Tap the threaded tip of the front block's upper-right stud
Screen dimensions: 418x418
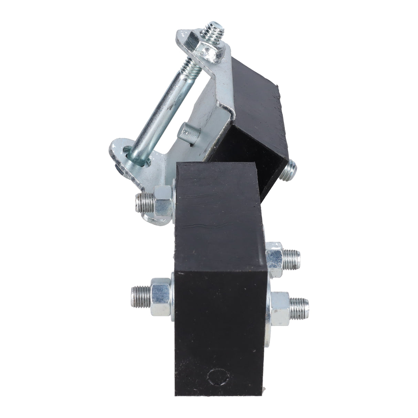(x=293, y=254)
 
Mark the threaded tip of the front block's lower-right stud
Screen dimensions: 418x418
(x=300, y=304)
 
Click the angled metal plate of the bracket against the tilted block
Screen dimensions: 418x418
(x=213, y=100)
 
